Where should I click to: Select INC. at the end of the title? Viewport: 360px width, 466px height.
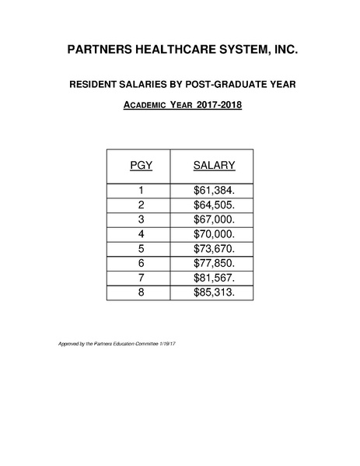point(284,51)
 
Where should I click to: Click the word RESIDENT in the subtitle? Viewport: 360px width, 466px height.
point(98,84)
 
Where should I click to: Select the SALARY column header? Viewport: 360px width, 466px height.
point(214,165)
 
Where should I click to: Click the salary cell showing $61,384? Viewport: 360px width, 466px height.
point(214,190)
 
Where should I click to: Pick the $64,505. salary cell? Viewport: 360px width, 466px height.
point(214,205)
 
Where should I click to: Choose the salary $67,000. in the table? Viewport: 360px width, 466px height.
point(214,219)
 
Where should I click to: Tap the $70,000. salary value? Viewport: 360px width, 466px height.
point(214,234)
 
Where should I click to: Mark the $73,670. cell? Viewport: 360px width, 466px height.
point(214,249)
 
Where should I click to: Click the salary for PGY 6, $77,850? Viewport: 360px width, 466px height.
point(214,264)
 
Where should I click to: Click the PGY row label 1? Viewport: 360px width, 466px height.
point(142,190)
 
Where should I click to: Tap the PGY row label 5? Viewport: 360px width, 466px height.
point(142,249)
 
